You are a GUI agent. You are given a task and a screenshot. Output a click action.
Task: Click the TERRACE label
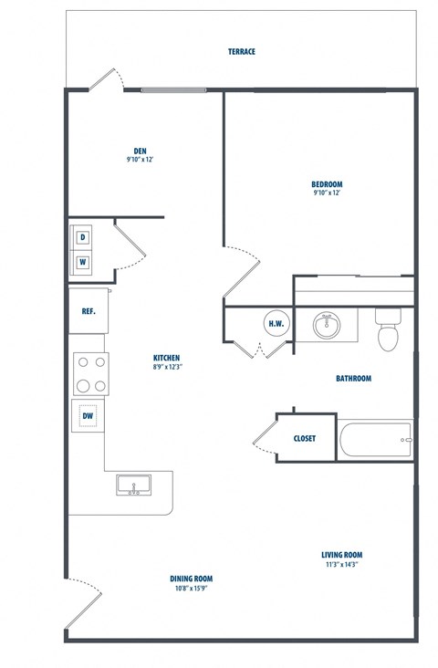(x=242, y=52)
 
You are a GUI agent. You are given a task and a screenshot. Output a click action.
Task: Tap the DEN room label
(x=140, y=151)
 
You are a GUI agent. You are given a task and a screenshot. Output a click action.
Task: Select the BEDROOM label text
(x=327, y=184)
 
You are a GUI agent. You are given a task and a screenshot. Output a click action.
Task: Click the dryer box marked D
(x=83, y=238)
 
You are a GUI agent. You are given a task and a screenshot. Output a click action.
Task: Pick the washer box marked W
(x=83, y=262)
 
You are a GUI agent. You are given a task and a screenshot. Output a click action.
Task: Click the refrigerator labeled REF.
(x=89, y=311)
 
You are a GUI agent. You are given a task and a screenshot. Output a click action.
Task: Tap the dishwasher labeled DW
(x=89, y=417)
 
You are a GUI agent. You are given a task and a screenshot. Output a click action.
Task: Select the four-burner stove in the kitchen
(x=90, y=373)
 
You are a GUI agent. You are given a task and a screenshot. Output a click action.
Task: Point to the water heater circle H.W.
(x=276, y=323)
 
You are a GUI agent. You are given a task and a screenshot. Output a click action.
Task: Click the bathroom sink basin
(x=325, y=324)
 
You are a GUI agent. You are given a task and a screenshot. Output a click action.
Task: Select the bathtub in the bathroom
(x=376, y=441)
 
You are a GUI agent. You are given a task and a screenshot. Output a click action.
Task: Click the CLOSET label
(x=305, y=438)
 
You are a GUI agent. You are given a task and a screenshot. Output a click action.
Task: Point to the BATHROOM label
(x=353, y=378)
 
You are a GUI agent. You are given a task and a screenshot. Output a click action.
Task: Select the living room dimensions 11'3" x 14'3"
(x=341, y=565)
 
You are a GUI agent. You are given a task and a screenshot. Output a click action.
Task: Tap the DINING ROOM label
(x=192, y=579)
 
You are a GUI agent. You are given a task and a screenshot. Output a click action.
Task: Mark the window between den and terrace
(x=173, y=89)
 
